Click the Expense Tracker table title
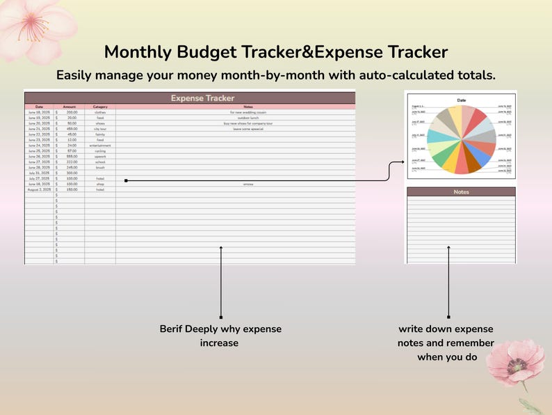pos(202,98)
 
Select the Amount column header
pos(70,107)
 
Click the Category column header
pos(100,107)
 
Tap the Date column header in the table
pos(39,107)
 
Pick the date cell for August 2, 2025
pos(39,189)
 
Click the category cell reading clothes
pos(100,112)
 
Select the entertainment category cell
pos(100,145)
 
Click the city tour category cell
pos(100,129)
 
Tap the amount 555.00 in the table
pos(72,156)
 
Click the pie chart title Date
pos(461,100)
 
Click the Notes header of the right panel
pos(461,191)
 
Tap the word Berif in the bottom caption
pos(173,329)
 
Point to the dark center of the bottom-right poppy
pos(517,363)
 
